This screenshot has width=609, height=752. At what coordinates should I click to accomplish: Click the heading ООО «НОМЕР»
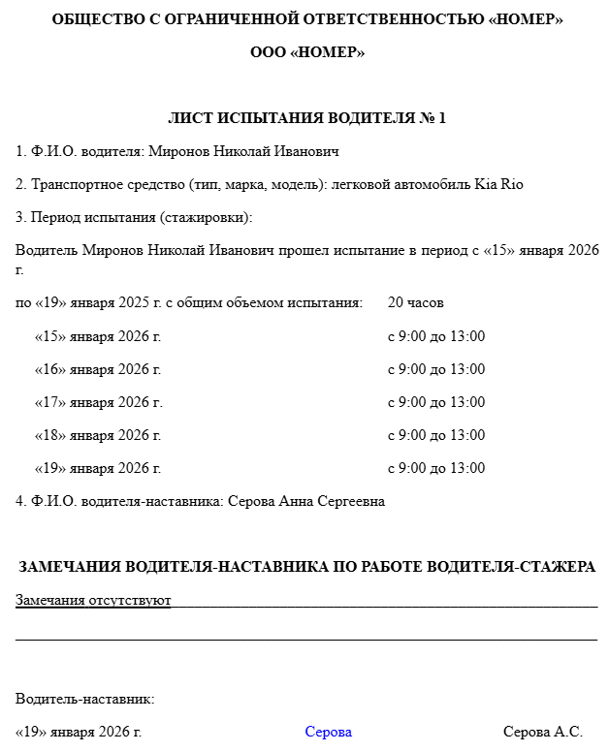tap(306, 53)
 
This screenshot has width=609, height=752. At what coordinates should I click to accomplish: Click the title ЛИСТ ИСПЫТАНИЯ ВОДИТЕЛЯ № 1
tap(306, 119)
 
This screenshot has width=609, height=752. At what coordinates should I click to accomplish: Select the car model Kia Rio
tap(498, 184)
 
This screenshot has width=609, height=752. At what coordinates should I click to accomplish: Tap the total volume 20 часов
tap(415, 303)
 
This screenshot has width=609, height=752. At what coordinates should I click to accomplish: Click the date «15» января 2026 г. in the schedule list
tap(98, 337)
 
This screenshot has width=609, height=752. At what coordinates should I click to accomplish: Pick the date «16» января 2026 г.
tap(98, 369)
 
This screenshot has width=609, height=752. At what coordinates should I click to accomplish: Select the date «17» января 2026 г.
tap(98, 402)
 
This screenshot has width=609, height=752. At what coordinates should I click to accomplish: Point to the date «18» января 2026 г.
tap(98, 435)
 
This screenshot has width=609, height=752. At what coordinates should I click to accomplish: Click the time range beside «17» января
tap(436, 402)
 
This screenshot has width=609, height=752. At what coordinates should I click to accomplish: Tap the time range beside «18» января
tap(436, 435)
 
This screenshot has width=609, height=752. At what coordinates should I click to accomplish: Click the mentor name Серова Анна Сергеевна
tap(305, 501)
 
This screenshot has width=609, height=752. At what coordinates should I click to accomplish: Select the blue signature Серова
tap(328, 733)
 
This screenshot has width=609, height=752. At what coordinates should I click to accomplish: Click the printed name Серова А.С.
tap(542, 733)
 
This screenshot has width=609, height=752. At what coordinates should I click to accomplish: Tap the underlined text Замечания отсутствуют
tap(93, 601)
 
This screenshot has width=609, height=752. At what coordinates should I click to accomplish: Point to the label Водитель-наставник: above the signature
tap(85, 699)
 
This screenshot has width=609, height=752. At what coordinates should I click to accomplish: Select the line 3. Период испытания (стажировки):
tap(134, 217)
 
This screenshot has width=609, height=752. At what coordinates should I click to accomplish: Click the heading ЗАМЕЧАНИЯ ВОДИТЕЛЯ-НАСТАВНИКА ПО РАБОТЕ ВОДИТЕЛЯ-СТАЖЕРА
tap(306, 567)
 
